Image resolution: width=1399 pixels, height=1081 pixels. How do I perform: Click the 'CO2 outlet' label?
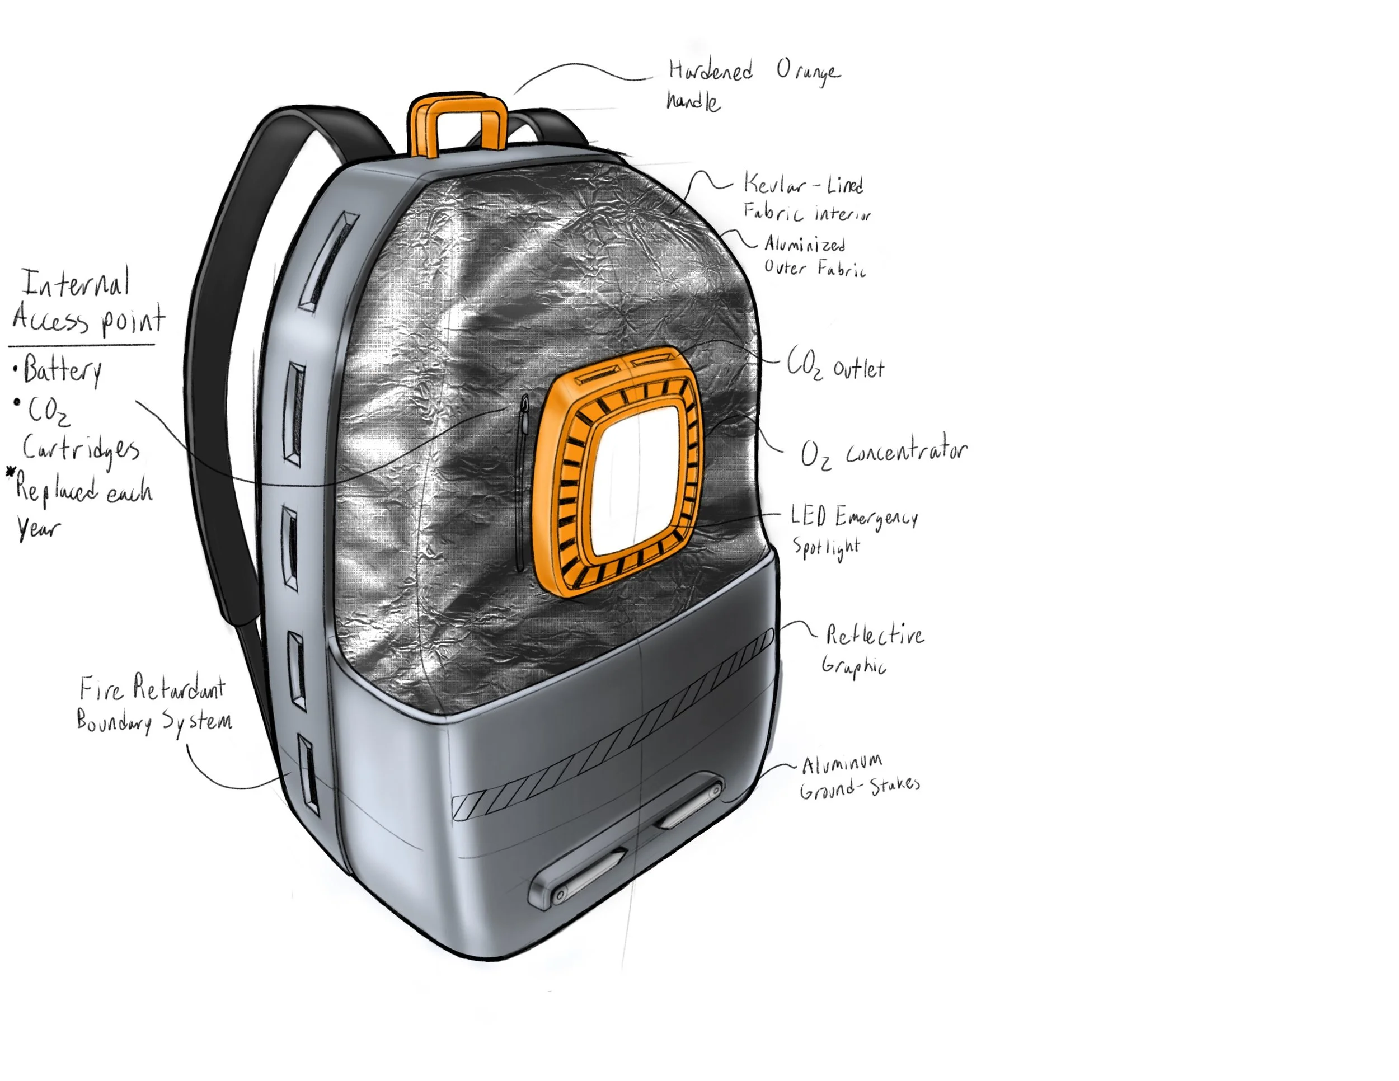pos(835,367)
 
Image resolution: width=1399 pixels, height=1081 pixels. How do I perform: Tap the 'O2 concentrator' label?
pos(884,453)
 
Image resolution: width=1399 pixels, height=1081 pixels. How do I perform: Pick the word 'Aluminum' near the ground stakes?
pos(842,763)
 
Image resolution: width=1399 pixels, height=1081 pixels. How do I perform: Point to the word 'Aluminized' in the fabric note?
pos(805,244)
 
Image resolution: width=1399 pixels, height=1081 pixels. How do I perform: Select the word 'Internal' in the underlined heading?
pos(76,283)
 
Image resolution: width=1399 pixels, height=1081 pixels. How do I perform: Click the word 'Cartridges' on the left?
pos(81,448)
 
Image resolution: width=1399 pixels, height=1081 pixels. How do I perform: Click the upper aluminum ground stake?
pos(689,802)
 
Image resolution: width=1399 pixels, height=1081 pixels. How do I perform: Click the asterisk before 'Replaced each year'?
pos(10,473)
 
